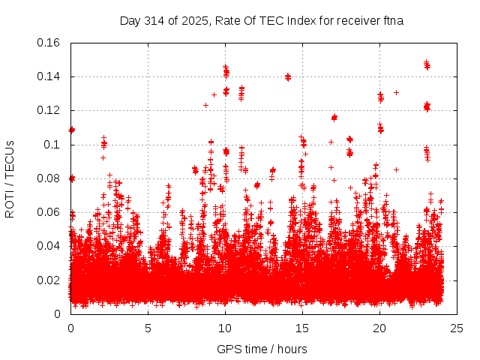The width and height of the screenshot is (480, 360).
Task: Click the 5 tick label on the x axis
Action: tap(148, 328)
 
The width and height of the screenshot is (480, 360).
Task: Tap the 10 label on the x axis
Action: tap(225, 328)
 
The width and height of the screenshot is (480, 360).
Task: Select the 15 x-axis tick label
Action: tap(302, 328)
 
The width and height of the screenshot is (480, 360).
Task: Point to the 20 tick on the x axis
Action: tap(379, 328)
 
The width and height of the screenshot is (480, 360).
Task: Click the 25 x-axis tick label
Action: tap(457, 328)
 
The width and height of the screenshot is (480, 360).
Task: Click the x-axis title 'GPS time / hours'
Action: tap(262, 349)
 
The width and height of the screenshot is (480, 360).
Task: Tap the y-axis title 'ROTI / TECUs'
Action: tap(10, 178)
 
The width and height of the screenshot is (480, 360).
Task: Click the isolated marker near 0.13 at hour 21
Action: tap(396, 93)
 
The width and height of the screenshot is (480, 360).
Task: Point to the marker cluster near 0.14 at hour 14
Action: tap(287, 76)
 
